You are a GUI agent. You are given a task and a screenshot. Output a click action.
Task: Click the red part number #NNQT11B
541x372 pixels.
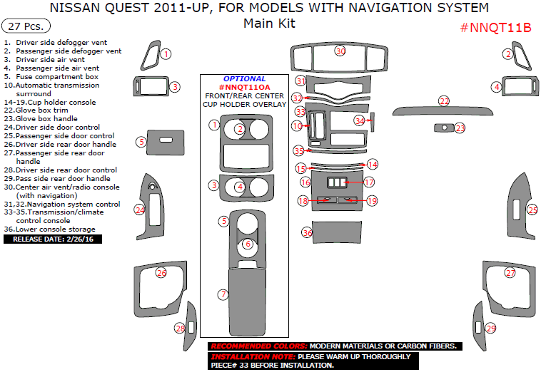(x=495, y=28)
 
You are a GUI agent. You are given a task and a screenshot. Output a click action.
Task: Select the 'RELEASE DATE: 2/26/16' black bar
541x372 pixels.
(x=53, y=239)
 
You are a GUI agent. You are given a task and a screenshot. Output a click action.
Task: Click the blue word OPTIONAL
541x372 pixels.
(x=244, y=78)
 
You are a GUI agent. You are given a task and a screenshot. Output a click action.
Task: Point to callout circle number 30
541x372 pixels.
(x=340, y=51)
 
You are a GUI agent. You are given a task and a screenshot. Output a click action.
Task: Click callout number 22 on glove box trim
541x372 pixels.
(x=444, y=101)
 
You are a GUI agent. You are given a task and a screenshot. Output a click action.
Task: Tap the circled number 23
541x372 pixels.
(x=460, y=128)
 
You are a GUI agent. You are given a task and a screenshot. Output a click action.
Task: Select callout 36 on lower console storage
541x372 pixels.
(x=308, y=232)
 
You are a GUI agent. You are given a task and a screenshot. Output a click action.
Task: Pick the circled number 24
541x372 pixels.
(x=140, y=210)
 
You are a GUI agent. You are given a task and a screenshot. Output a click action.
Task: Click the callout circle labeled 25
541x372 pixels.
(x=532, y=210)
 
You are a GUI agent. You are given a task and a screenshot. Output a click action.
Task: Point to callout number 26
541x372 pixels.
(x=161, y=273)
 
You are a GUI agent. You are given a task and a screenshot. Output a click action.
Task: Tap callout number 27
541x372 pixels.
(x=510, y=273)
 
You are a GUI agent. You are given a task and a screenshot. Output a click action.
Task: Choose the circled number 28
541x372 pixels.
(x=180, y=328)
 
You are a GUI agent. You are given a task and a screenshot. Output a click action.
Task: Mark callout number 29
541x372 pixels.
(x=490, y=328)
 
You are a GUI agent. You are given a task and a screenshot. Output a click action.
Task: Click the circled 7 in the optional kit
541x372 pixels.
(x=223, y=294)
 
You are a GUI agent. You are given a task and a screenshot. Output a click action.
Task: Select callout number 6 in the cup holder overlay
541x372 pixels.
(x=247, y=244)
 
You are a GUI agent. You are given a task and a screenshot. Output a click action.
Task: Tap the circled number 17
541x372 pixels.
(x=369, y=182)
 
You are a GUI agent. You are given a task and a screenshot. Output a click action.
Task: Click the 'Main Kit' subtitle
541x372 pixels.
(x=269, y=23)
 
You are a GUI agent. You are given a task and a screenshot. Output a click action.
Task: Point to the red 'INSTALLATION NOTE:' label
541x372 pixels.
(x=253, y=356)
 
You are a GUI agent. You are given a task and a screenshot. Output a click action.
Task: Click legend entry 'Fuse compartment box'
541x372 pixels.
(x=57, y=76)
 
